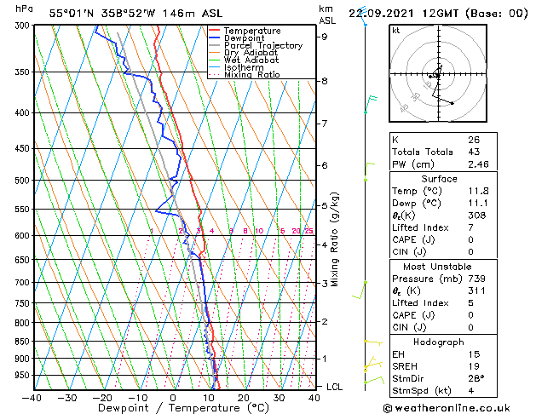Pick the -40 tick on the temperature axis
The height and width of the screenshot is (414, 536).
(x=32, y=398)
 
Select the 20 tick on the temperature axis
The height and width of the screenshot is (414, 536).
(x=244, y=398)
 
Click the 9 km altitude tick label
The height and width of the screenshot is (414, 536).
(x=325, y=37)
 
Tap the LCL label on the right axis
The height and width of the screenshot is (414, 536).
(x=335, y=387)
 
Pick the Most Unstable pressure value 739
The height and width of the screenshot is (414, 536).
(x=476, y=279)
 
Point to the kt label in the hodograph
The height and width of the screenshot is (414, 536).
(x=396, y=31)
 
